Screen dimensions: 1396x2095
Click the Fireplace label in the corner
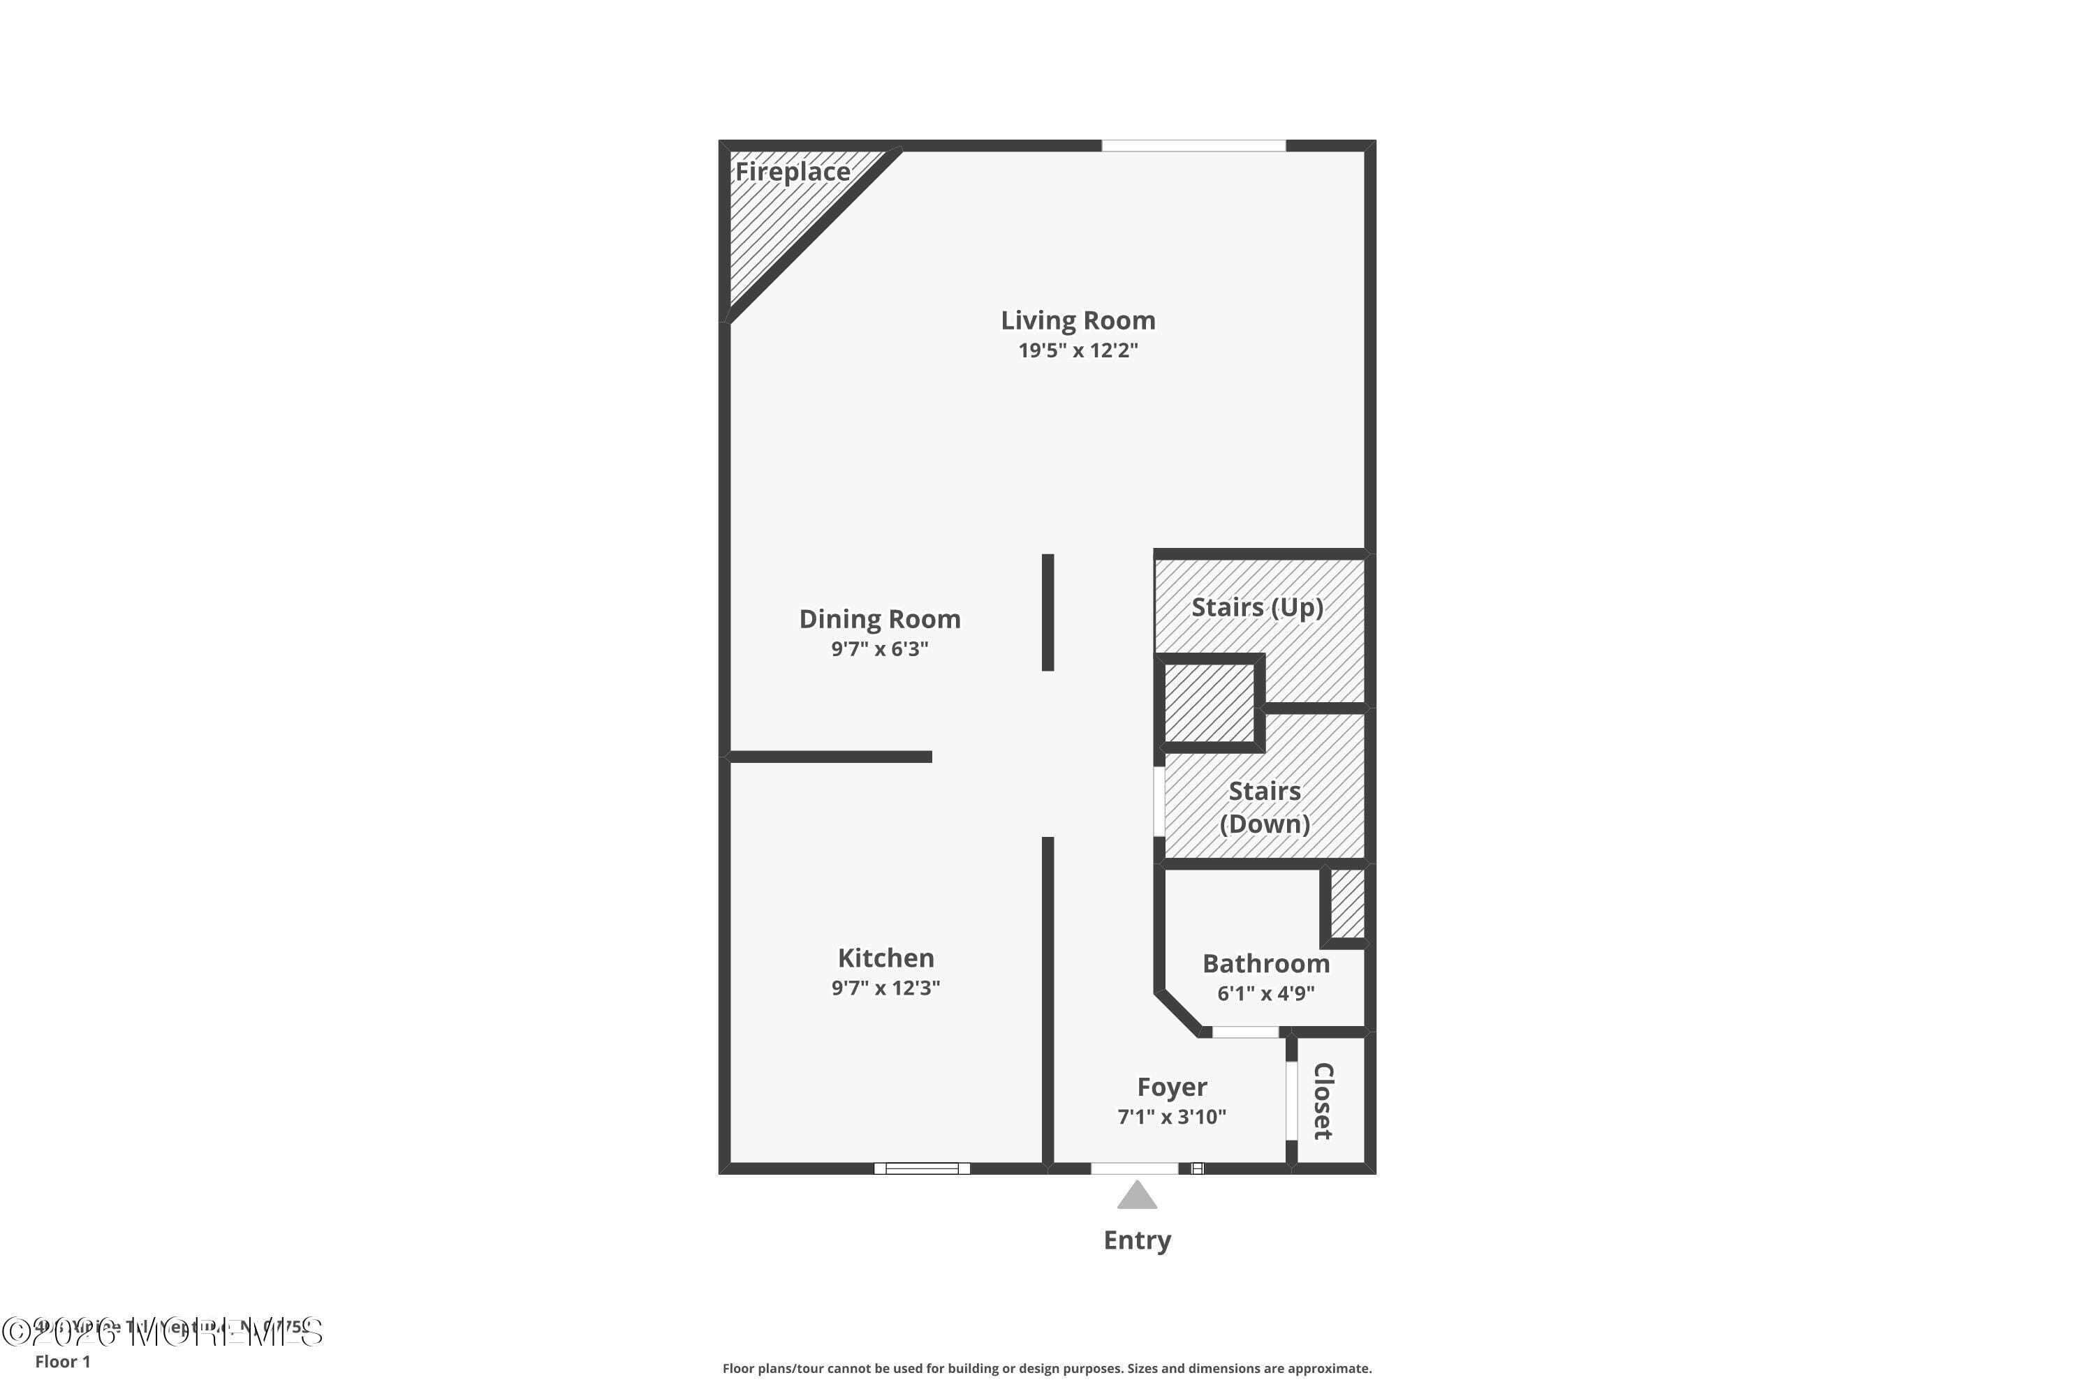point(792,172)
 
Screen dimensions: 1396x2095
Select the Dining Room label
point(879,618)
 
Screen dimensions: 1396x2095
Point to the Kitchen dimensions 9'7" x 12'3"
point(885,988)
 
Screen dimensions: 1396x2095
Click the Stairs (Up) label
point(1257,607)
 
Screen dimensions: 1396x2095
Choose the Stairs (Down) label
point(1264,807)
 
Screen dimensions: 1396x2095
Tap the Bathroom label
point(1265,963)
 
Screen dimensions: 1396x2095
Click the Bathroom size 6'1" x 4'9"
point(1265,993)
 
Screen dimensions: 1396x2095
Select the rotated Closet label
point(1323,1101)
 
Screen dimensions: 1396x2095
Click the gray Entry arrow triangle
point(1137,1196)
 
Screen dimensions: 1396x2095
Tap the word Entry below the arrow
point(1137,1240)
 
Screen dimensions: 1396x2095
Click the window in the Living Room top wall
point(1193,146)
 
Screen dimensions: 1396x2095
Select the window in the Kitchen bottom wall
point(922,1168)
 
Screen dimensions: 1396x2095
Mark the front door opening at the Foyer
point(1135,1168)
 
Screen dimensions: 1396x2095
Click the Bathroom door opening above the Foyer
point(1245,1032)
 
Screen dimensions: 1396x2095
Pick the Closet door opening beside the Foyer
point(1291,1101)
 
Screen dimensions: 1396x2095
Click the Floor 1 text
point(62,1361)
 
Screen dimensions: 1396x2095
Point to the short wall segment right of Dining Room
point(1047,613)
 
